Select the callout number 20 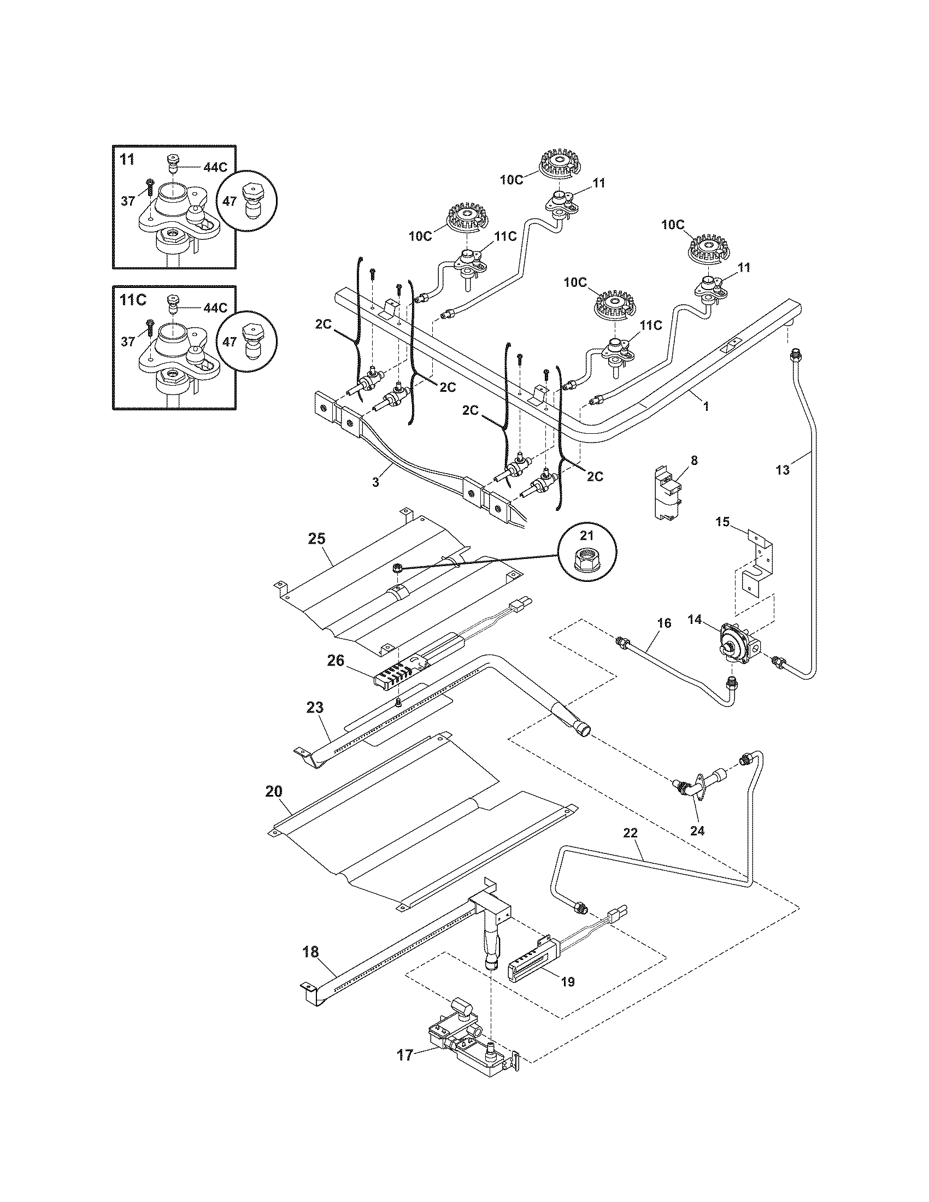274,792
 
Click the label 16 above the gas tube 665,623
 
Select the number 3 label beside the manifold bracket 376,482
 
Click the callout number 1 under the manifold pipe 706,406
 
